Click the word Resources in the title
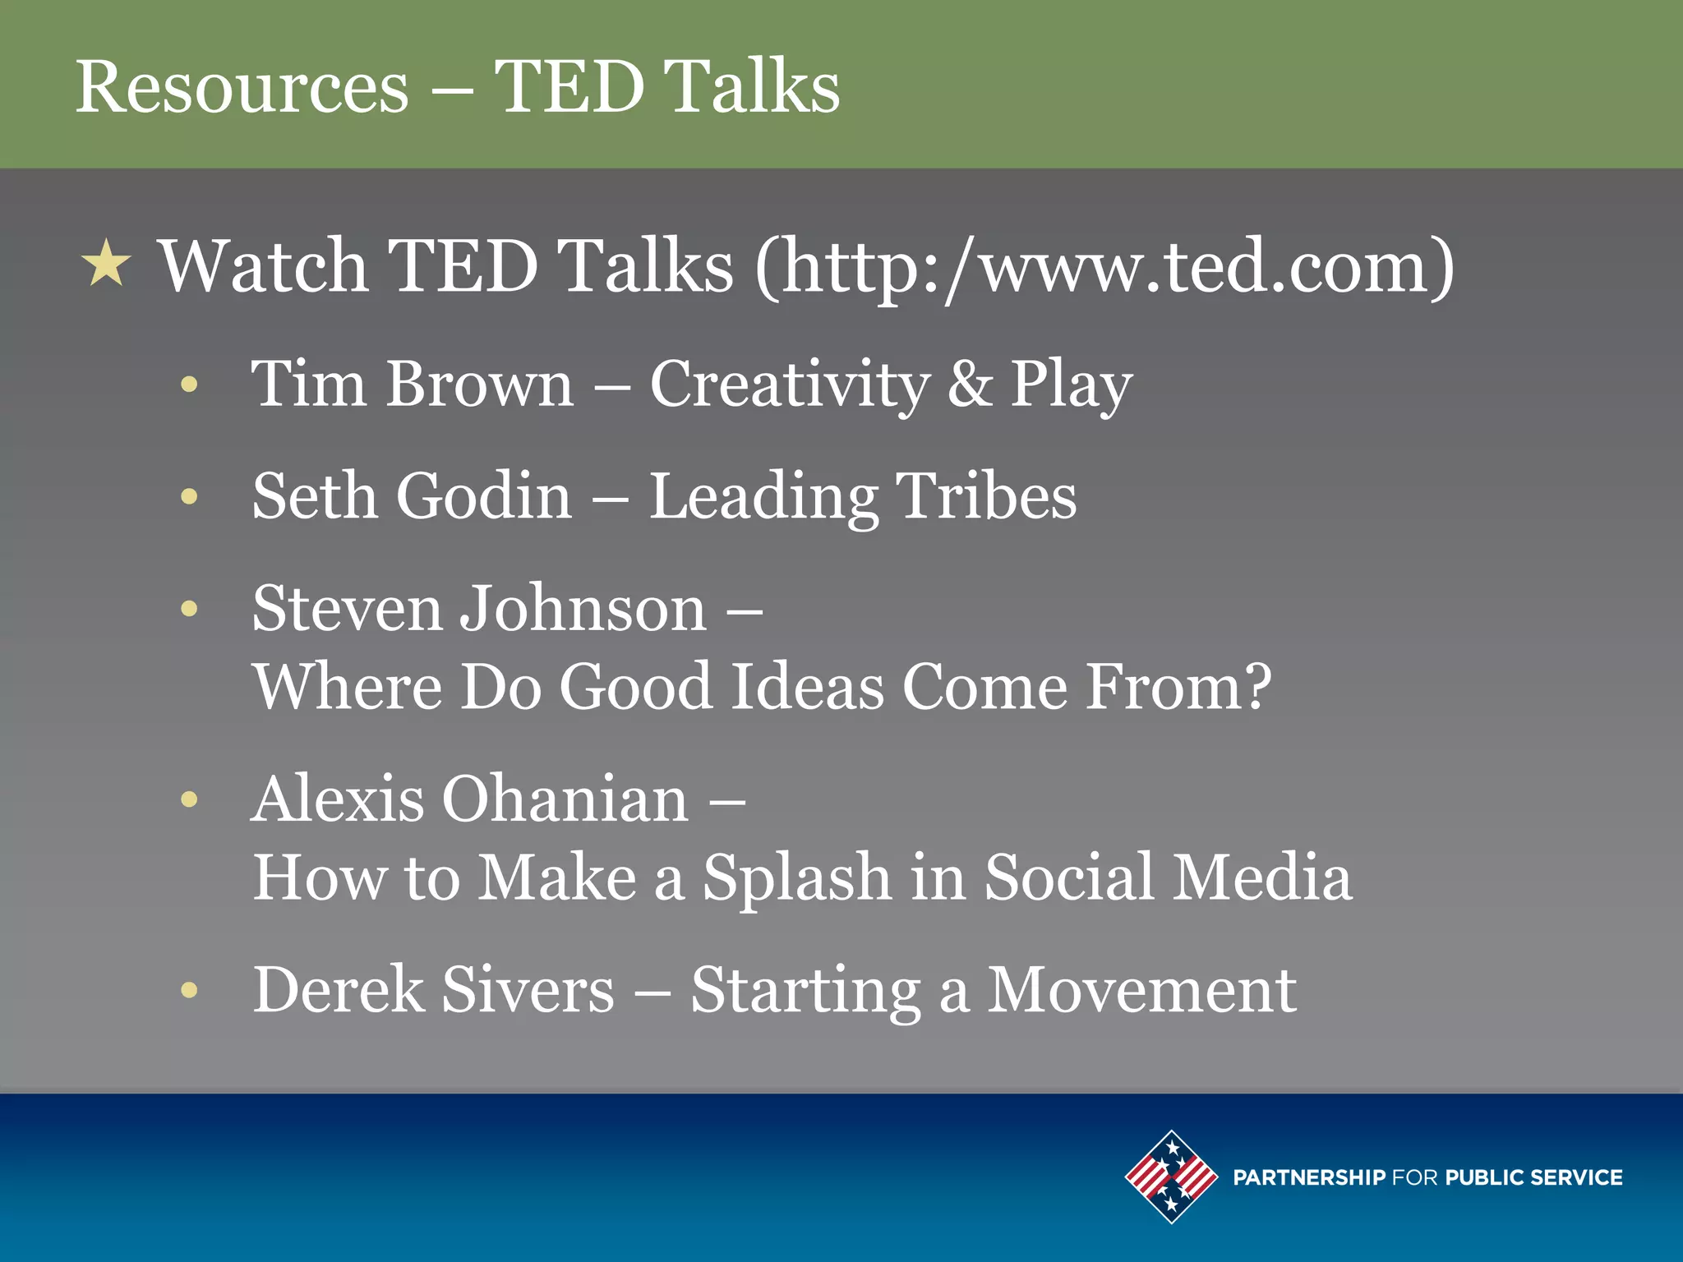(x=242, y=87)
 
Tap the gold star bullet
(x=107, y=264)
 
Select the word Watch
(x=263, y=265)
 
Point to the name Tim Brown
(x=412, y=384)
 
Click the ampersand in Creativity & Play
(x=970, y=384)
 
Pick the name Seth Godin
(x=412, y=496)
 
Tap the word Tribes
(x=986, y=496)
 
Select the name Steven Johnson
(x=479, y=609)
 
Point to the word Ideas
(x=807, y=686)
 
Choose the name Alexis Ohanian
(x=470, y=799)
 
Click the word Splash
(x=797, y=877)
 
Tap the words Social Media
(x=1168, y=877)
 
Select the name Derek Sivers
(x=433, y=990)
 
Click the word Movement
(x=1141, y=990)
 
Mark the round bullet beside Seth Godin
(x=190, y=496)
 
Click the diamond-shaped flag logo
(x=1171, y=1177)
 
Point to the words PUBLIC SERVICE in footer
(x=1533, y=1177)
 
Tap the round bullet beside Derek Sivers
(x=190, y=990)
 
